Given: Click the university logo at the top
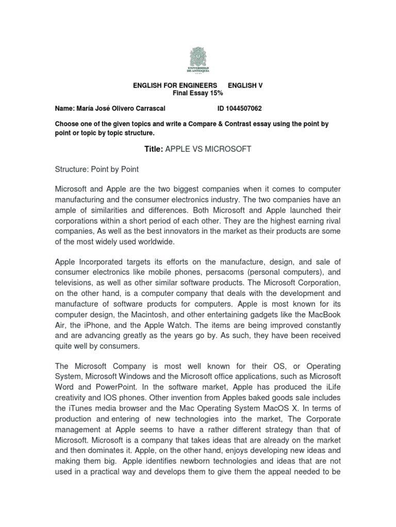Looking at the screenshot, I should click(198, 60).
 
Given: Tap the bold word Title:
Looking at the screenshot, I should click(153, 149).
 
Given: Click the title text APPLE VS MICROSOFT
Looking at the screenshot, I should click(208, 149).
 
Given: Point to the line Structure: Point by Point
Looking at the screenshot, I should click(97, 169).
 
